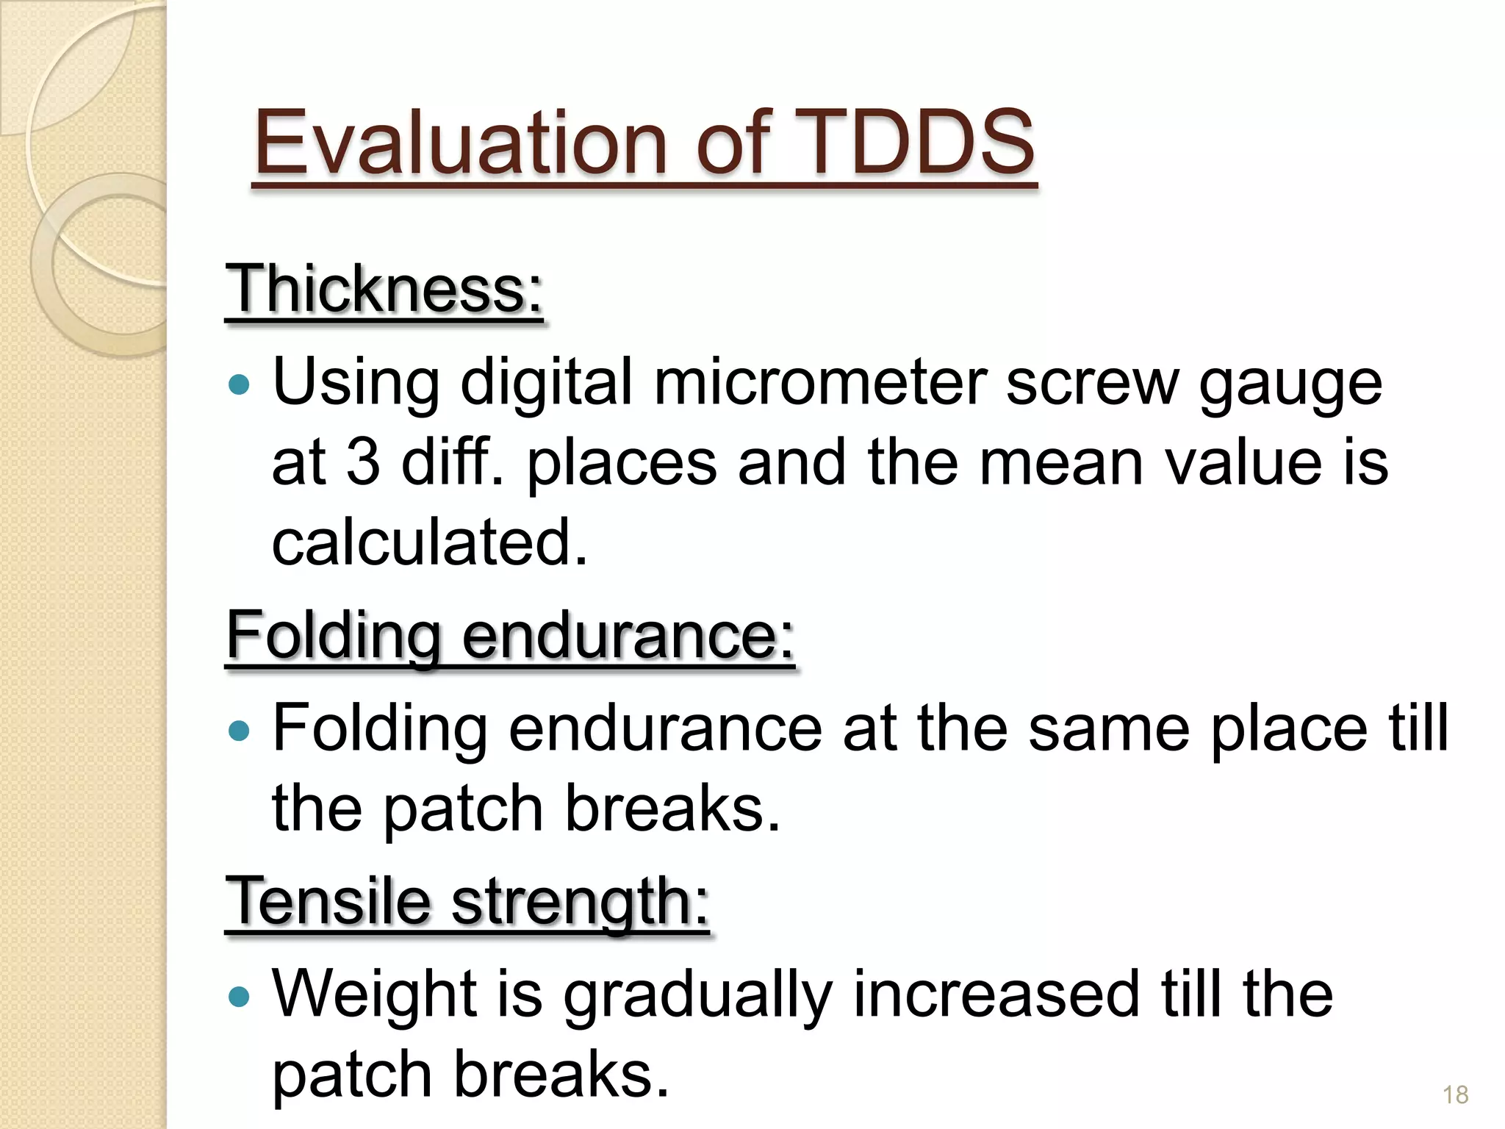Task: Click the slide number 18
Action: pyautogui.click(x=1455, y=1094)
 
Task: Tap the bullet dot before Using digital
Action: pyautogui.click(x=239, y=384)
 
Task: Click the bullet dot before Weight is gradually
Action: pyautogui.click(x=239, y=997)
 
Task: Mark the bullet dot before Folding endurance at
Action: pyautogui.click(x=239, y=731)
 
